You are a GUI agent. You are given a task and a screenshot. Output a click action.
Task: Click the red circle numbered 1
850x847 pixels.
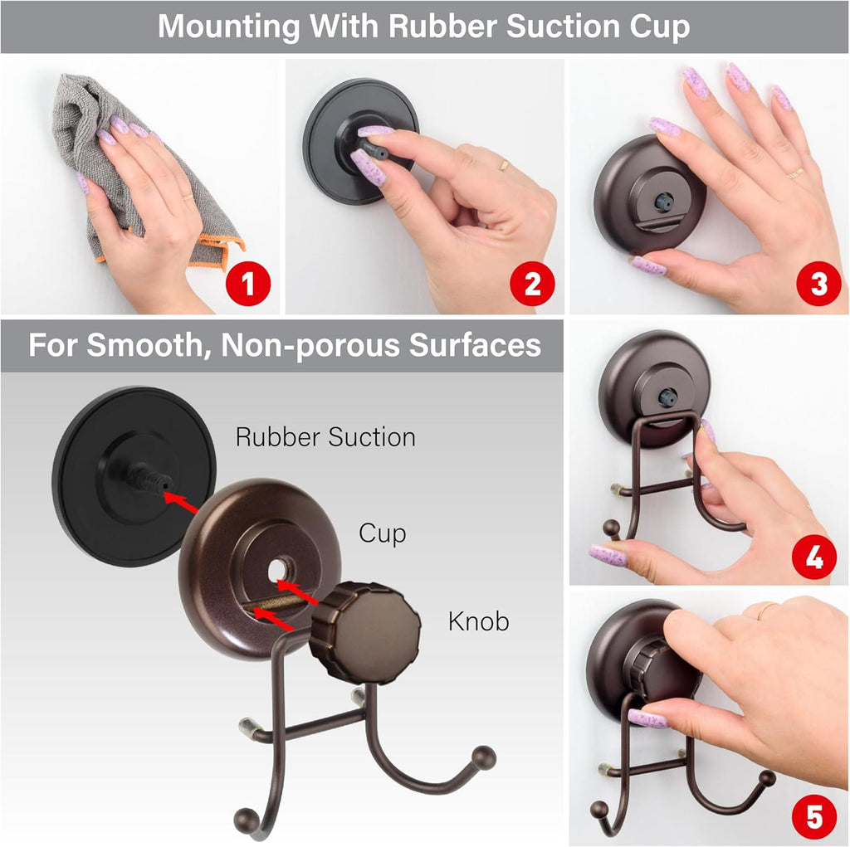point(247,285)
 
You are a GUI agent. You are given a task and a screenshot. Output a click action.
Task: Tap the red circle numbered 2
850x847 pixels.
point(532,285)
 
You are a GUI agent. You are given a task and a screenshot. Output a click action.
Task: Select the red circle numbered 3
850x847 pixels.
point(818,285)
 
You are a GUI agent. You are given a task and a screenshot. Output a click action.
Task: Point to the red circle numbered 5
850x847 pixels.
point(814,816)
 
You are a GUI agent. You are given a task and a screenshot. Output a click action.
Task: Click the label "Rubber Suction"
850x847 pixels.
point(325,437)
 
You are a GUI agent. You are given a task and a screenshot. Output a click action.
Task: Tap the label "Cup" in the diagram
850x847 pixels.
point(382,533)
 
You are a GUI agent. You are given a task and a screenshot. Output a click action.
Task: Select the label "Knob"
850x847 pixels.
point(479,621)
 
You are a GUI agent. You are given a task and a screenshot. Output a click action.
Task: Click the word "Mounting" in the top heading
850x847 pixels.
point(229,27)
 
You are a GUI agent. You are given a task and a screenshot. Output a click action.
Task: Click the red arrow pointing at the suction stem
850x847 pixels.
point(184,502)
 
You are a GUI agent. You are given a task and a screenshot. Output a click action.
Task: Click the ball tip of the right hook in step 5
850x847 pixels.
point(768,778)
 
